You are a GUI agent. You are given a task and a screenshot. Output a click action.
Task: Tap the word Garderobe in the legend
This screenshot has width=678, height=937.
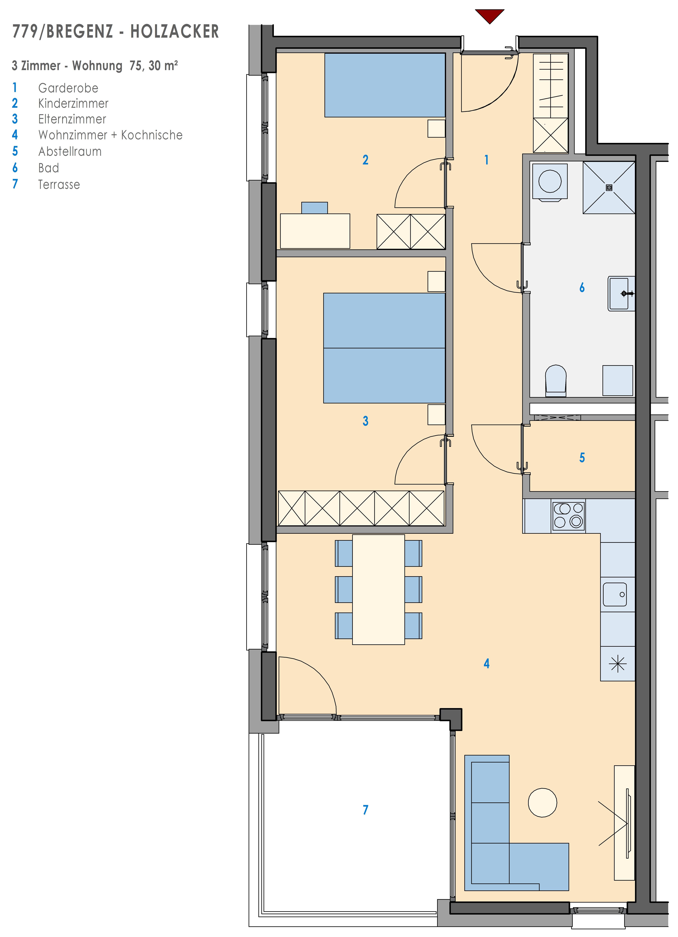[x=68, y=88]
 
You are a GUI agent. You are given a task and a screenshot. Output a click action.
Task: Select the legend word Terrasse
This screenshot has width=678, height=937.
[x=59, y=185]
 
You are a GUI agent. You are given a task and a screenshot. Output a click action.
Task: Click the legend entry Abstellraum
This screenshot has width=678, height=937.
[x=70, y=152]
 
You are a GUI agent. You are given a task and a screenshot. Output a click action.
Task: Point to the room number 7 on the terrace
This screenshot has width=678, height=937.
[x=365, y=810]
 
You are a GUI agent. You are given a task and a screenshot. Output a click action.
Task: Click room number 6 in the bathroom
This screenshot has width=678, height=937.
[x=582, y=287]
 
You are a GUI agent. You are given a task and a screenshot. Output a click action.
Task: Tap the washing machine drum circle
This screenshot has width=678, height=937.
[x=550, y=181]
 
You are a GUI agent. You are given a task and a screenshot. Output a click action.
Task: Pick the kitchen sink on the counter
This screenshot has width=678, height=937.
[x=615, y=594]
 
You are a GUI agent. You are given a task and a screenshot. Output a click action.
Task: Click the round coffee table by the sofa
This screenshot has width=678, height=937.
[x=542, y=802]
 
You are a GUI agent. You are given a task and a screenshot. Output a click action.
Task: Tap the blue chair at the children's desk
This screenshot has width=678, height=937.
[x=314, y=208]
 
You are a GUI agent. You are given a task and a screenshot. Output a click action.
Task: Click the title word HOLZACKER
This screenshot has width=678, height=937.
[x=174, y=31]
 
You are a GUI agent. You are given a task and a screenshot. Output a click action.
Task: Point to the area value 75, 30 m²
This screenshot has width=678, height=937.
[x=154, y=66]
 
